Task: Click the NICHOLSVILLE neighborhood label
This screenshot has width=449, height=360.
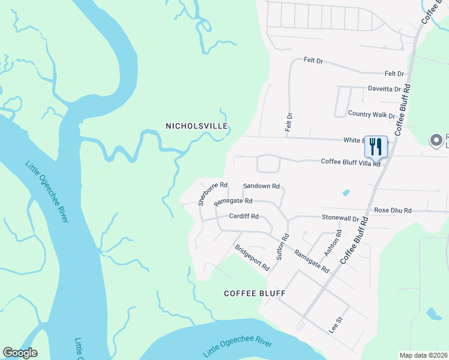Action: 197,126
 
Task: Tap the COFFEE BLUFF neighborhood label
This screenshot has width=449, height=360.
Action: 254,293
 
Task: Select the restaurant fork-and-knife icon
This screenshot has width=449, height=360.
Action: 375,146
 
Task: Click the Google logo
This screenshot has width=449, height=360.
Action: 20,353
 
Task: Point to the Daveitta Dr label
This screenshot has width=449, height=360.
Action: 384,88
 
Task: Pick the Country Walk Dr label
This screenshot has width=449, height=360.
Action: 372,114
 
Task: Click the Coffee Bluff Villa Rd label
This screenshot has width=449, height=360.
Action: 351,162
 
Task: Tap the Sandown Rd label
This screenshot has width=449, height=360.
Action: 261,187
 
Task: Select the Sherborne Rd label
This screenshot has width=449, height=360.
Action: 213,193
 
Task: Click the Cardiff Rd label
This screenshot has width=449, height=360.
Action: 244,216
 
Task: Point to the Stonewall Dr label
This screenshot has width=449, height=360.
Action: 340,219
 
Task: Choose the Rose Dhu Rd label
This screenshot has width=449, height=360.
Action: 393,211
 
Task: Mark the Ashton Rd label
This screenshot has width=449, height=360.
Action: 333,243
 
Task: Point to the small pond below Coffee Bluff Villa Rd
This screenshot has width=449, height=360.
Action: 346,193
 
